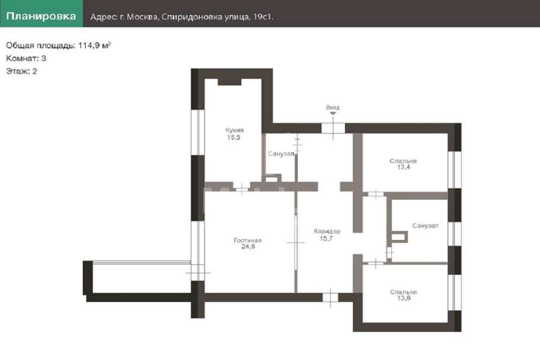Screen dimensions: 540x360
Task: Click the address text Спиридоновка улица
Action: point(206,17)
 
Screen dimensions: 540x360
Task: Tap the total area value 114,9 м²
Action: point(94,45)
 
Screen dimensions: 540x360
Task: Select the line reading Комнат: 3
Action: point(26,58)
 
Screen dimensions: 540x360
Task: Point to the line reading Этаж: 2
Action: point(22,71)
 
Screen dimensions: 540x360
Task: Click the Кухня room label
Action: point(235,130)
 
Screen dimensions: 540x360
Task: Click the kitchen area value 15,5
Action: point(233,137)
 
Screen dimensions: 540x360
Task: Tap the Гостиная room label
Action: point(248,240)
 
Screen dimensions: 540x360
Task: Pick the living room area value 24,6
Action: point(248,247)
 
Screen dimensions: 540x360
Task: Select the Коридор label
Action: point(327,231)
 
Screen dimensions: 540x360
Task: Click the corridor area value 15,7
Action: point(326,238)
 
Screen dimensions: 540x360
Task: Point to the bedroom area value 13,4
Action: point(403,167)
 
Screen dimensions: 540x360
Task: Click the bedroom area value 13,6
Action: point(404,298)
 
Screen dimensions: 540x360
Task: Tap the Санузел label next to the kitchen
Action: point(281,154)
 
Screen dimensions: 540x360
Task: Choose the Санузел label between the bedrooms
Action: point(425,226)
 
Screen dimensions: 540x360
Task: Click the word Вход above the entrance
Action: point(332,107)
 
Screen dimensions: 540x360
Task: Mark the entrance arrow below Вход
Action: point(332,113)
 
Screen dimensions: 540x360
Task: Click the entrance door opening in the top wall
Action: point(333,128)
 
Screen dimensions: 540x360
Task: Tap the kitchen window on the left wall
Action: point(197,132)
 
